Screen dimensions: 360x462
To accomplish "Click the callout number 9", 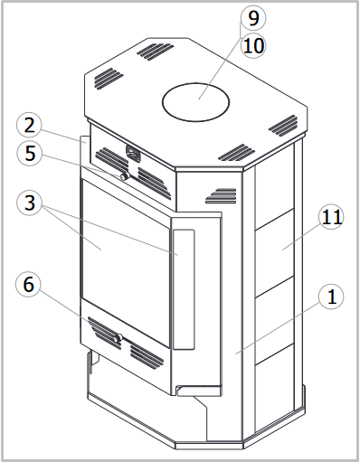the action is [253, 18].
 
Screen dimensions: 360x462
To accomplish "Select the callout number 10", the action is [253, 46].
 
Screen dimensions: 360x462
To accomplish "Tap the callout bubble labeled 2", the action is [29, 126].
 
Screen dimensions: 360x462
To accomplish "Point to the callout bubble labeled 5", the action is [30, 153].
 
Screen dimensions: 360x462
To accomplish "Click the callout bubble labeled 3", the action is [29, 203].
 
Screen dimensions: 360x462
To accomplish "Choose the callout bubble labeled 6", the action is [28, 285].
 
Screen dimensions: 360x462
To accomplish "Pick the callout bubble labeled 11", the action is [331, 217].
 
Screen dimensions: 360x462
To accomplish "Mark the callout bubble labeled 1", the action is [331, 297].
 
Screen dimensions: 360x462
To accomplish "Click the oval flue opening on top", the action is [195, 102].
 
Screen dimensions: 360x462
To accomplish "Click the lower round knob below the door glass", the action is [117, 338].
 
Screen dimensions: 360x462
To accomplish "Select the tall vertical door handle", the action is [184, 289].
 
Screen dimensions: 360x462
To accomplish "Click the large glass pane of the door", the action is [125, 261].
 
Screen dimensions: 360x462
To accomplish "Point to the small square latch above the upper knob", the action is [133, 153].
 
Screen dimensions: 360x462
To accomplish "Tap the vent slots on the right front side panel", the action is [221, 196].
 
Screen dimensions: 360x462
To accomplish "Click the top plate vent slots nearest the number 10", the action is [156, 52].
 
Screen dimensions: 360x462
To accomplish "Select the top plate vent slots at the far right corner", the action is [283, 126].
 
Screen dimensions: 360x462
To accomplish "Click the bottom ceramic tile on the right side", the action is [275, 378].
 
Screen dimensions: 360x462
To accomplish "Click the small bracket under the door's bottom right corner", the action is [199, 391].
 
